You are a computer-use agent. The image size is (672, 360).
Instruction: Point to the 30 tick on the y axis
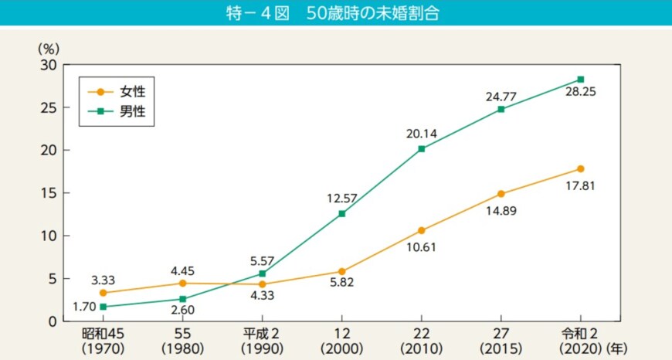click(x=47, y=65)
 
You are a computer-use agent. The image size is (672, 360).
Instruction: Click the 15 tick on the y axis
click(x=47, y=193)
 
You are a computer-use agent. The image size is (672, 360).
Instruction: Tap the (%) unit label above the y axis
click(x=48, y=47)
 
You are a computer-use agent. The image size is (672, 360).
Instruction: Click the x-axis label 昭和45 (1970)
click(x=103, y=340)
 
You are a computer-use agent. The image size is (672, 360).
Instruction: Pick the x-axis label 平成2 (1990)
click(x=262, y=340)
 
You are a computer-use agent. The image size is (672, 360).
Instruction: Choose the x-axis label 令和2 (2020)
click(x=579, y=340)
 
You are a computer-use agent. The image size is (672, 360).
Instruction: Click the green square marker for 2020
click(x=580, y=80)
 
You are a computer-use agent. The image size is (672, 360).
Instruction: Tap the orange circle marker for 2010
click(x=421, y=230)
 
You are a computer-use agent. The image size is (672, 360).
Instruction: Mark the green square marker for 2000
click(x=341, y=213)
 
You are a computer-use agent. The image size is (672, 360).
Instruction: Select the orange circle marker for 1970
click(x=103, y=293)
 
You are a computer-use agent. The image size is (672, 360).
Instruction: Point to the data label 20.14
click(x=421, y=134)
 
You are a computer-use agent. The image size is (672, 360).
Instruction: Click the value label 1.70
click(x=83, y=307)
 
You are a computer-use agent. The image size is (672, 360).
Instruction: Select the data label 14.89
click(x=501, y=210)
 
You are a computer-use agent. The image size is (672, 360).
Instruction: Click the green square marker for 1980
click(x=182, y=299)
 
